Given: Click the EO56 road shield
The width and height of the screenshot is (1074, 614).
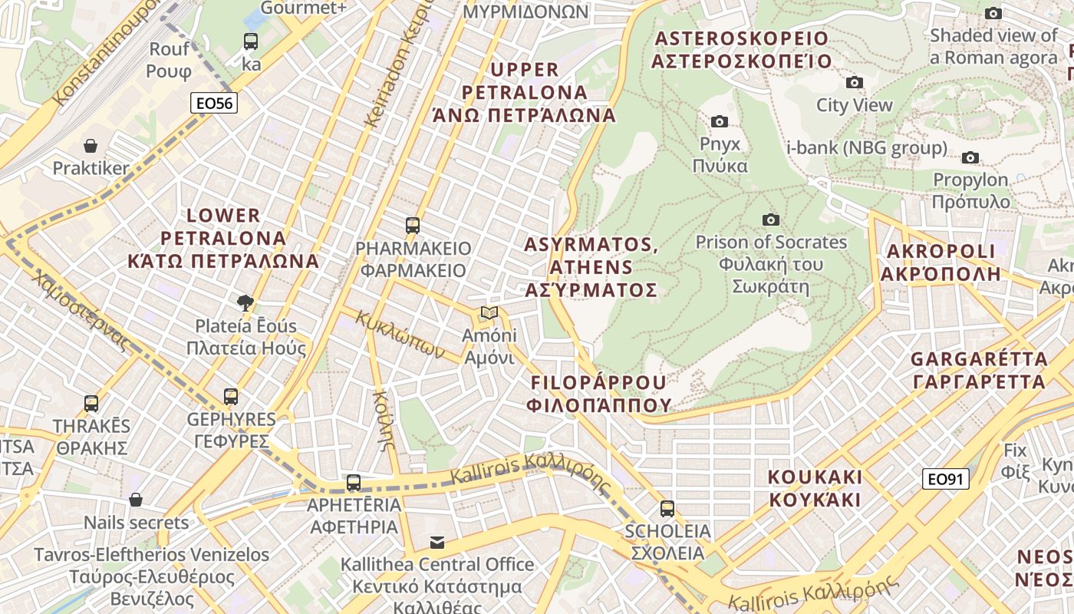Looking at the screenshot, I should pos(214,103).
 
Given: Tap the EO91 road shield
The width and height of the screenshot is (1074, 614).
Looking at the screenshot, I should pos(945,480).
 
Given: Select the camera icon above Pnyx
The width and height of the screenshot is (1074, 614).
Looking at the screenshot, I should pos(719,121).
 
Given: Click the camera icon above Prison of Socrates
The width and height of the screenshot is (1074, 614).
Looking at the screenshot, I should pos(770,220).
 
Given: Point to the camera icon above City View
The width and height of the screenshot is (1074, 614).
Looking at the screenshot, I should pos(854,83).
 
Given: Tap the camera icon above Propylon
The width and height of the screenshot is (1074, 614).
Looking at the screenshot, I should pos(970,158).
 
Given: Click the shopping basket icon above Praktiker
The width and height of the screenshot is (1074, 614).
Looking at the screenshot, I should pos(91,146).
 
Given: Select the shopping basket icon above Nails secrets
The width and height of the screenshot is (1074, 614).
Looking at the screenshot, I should pos(136,500).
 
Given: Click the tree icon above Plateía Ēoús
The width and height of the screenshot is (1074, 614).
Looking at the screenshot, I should pos(245,302).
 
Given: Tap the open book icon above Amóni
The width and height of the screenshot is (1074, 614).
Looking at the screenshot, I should pos(489,313).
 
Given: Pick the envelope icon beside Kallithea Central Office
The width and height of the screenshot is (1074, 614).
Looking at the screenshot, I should pos(437,543).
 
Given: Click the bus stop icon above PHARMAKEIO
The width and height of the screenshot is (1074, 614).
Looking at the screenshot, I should pos(413,226).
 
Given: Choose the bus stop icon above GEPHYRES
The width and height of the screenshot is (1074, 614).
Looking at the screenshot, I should pos(231,397).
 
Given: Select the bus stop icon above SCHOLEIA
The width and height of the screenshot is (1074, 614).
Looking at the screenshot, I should pos(667,508).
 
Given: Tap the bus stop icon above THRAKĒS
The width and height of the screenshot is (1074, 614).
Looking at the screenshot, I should pos(91,403).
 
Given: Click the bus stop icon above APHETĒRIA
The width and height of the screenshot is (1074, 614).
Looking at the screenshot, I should pos(353,483).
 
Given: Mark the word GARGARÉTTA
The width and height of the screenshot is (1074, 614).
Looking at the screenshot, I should pos(978,359).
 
